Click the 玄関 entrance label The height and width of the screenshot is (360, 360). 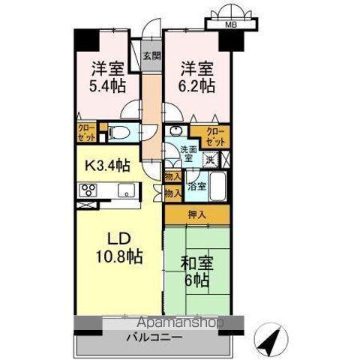click(151, 56)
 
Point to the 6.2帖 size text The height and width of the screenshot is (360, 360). click(197, 85)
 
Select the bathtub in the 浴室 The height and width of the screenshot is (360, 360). click(218, 186)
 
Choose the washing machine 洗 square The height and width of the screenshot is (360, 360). click(212, 159)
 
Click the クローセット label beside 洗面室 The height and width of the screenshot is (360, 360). click(215, 137)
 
